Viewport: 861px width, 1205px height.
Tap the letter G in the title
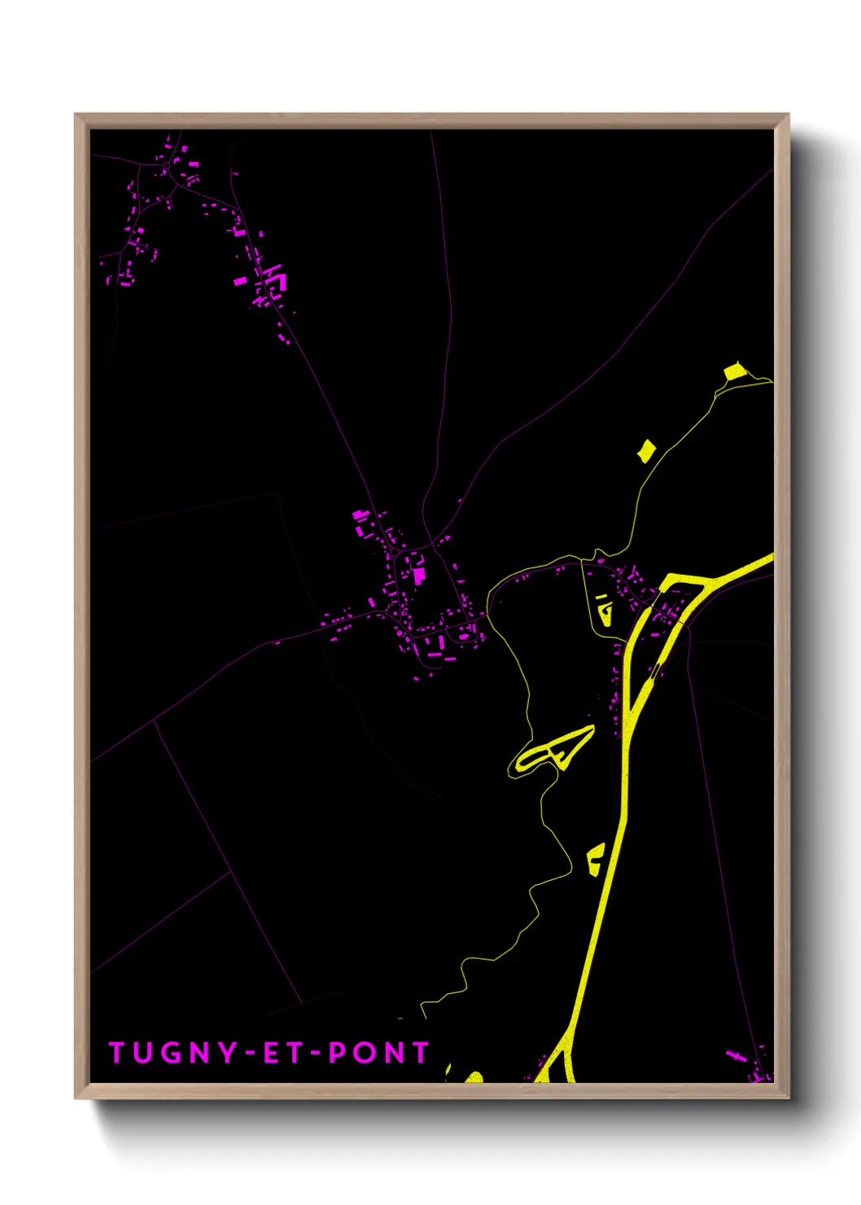click(173, 1053)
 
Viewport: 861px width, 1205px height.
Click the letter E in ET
click(271, 1053)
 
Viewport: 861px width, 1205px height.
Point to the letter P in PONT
click(337, 1053)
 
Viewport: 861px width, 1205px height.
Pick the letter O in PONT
click(364, 1053)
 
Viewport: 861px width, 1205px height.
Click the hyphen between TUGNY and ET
click(251, 1054)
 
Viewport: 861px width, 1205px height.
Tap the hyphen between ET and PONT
click(316, 1054)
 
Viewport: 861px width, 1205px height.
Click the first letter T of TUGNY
click(116, 1053)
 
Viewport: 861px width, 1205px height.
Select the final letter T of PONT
click(420, 1053)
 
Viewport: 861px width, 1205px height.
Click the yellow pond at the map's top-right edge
click(735, 372)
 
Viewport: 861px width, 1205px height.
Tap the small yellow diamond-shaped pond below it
click(646, 450)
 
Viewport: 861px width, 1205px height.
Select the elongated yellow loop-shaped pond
click(553, 751)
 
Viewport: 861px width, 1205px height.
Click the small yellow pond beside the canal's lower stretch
click(596, 860)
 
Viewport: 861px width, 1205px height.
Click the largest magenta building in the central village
click(419, 576)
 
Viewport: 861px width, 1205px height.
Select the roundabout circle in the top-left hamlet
click(166, 165)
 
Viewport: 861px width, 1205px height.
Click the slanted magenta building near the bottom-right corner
click(736, 1055)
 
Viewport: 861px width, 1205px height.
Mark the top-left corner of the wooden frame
click(76, 115)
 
